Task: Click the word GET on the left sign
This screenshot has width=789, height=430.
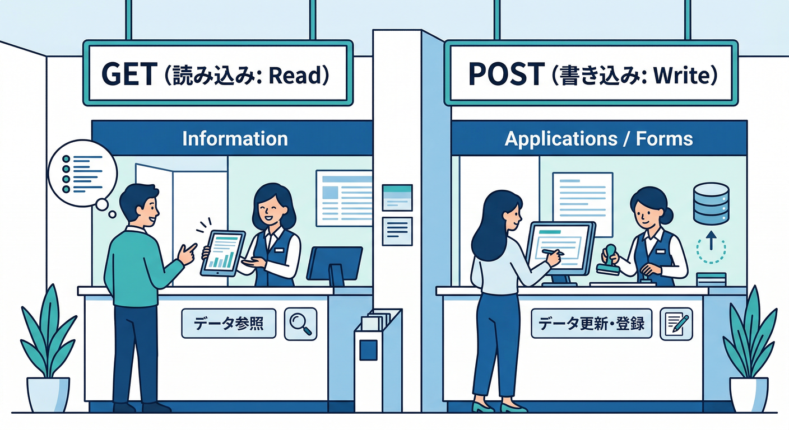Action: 129,74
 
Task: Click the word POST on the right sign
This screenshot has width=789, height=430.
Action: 507,74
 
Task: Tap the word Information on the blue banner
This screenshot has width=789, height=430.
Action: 235,138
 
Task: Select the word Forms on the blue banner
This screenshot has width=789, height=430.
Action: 664,138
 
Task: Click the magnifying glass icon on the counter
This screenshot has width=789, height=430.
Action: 300,324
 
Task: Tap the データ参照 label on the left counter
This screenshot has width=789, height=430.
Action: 229,324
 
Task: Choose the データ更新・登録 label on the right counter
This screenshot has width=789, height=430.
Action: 591,324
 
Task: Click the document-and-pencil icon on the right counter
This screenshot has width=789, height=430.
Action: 676,324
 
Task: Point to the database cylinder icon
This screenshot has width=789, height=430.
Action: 711,203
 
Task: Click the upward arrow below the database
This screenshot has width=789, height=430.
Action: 711,240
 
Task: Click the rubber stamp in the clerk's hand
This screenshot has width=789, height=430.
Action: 609,260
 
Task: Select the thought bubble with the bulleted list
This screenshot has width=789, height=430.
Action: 82,174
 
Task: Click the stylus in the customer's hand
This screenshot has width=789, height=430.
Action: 553,252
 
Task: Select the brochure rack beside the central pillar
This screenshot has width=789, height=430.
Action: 378,359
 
